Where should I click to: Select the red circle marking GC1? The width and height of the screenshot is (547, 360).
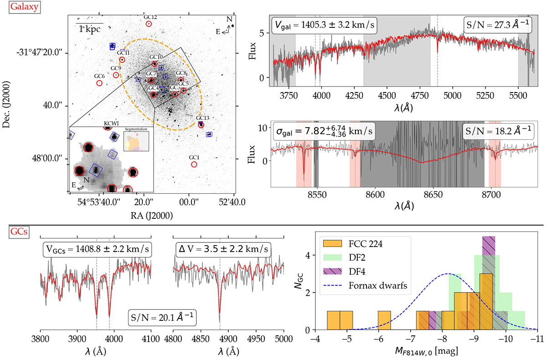click(195, 164)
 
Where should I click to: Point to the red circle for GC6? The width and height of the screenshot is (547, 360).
click(99, 83)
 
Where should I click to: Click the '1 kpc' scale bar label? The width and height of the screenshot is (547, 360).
click(89, 28)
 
